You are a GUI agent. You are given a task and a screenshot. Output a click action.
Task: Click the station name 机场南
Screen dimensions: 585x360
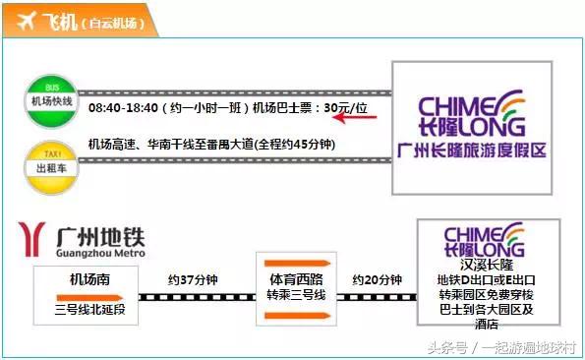coord(89,280)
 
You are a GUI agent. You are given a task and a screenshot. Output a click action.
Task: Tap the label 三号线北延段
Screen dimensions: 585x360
coord(89,311)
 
